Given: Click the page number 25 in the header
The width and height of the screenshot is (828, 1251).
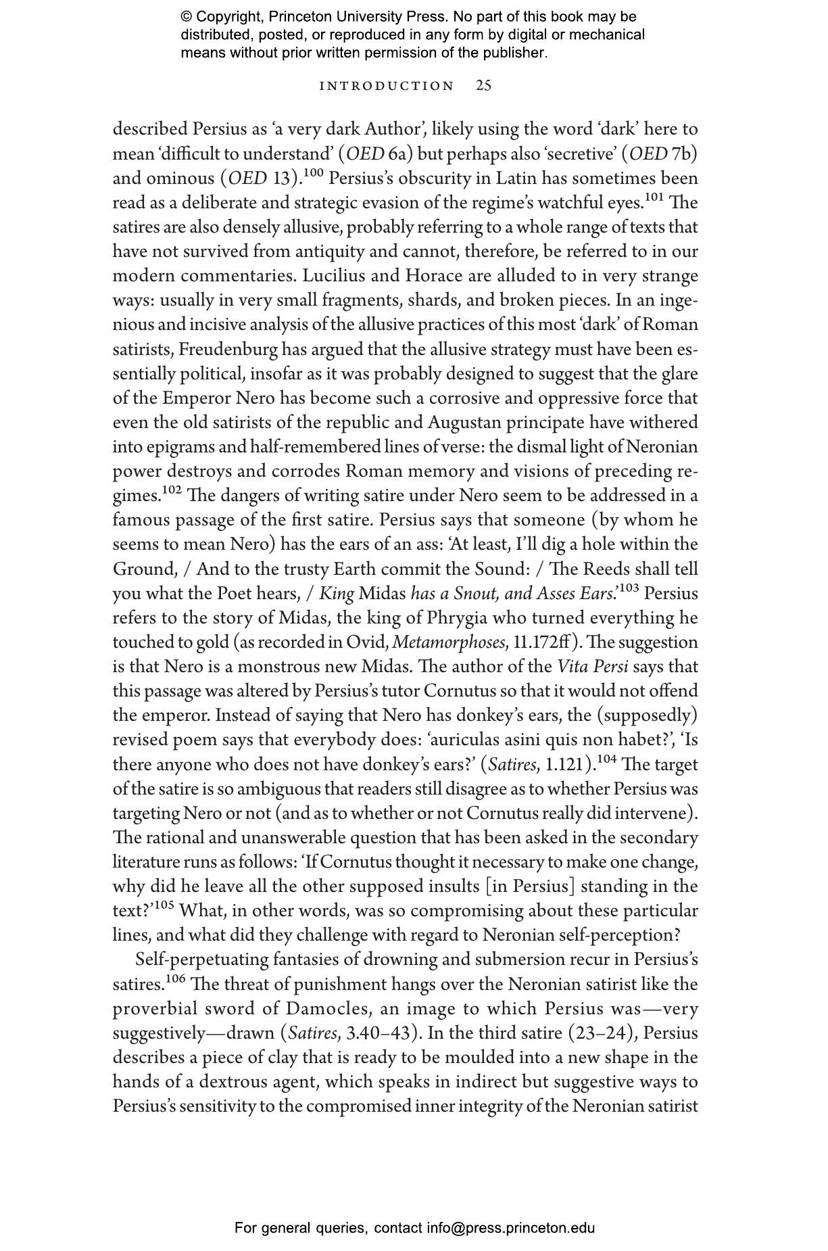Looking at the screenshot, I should [x=483, y=85].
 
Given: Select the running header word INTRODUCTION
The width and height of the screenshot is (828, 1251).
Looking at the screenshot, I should [x=387, y=86].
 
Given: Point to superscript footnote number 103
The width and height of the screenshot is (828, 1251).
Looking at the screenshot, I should [x=629, y=588].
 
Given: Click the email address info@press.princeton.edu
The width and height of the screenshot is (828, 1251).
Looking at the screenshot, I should [x=510, y=1227].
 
